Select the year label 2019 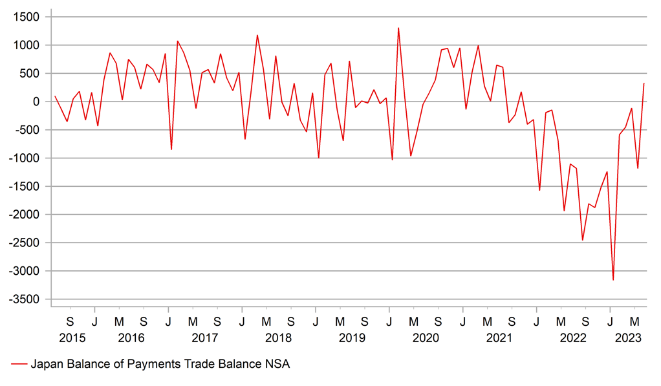[352, 338]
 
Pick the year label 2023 [628, 338]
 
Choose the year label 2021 [499, 338]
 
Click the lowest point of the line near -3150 [613, 280]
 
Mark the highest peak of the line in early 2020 [398, 28]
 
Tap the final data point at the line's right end [644, 83]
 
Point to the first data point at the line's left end [55, 96]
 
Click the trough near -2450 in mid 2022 [582, 241]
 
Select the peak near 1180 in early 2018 [257, 35]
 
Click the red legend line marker [19, 365]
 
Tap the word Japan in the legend [45, 365]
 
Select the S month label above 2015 [70, 321]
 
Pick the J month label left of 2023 [610, 321]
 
